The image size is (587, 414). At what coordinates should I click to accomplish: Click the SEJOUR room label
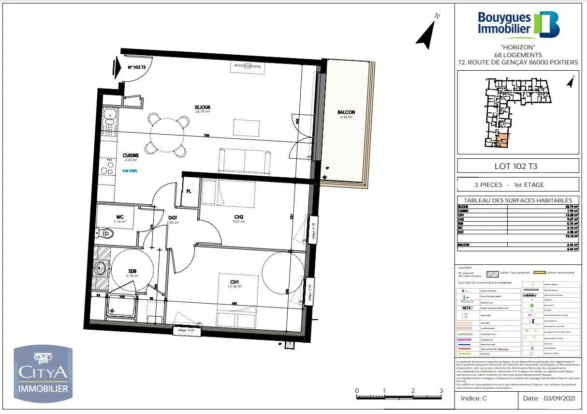(202, 107)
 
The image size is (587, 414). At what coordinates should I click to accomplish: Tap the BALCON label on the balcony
(346, 112)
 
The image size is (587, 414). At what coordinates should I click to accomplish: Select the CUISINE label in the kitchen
(131, 155)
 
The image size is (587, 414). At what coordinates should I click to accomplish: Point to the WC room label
(119, 217)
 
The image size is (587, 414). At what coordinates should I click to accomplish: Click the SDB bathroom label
(132, 271)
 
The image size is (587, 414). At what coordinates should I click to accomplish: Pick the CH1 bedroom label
(235, 282)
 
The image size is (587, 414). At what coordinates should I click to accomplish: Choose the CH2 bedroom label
(239, 217)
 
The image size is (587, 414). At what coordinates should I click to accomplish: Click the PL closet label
(189, 191)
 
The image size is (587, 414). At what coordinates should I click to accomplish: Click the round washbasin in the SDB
(102, 267)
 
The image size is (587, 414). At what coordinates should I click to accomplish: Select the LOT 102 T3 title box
(518, 166)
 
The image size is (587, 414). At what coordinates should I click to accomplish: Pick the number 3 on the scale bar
(441, 390)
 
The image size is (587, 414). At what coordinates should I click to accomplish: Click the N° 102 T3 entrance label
(137, 68)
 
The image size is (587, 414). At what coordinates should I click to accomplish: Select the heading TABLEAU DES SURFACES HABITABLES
(518, 200)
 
